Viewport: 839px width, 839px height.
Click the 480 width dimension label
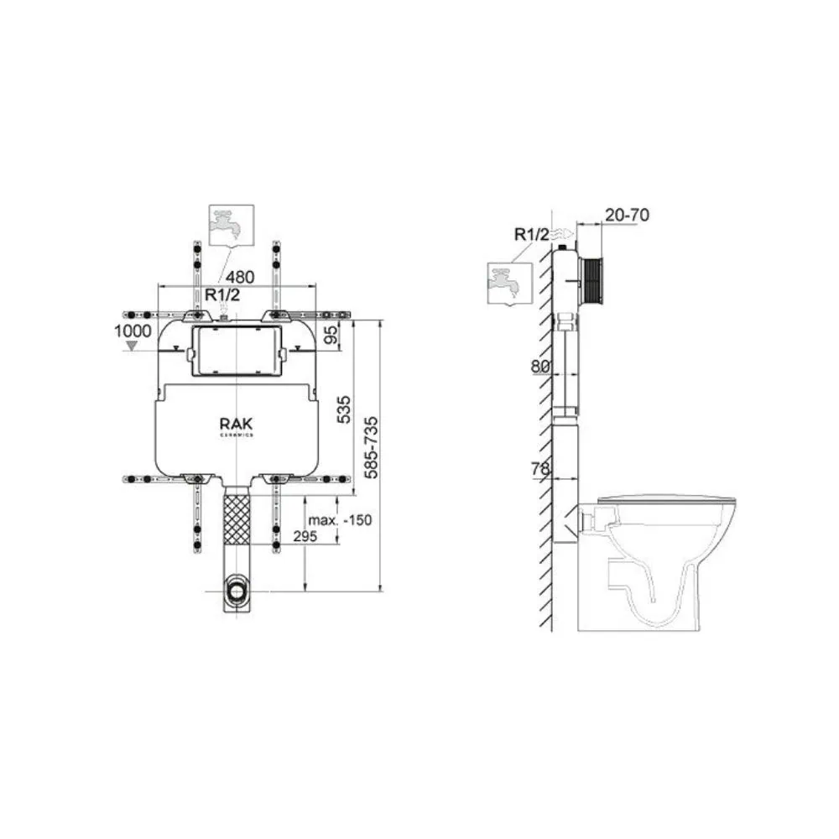pyautogui.click(x=240, y=277)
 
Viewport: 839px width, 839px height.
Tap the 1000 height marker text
pyautogui.click(x=133, y=331)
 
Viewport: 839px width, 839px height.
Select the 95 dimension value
pyautogui.click(x=331, y=335)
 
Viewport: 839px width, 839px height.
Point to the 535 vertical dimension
pyautogui.click(x=345, y=409)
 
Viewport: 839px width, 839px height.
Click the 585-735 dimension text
pyautogui.click(x=370, y=448)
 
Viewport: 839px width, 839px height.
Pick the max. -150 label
pyautogui.click(x=340, y=519)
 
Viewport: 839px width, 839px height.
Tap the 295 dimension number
pyautogui.click(x=305, y=536)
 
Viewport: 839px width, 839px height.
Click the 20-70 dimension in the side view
pyautogui.click(x=627, y=215)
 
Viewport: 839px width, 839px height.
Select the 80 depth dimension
pyautogui.click(x=539, y=367)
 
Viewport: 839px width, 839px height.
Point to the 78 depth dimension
pyautogui.click(x=539, y=469)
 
